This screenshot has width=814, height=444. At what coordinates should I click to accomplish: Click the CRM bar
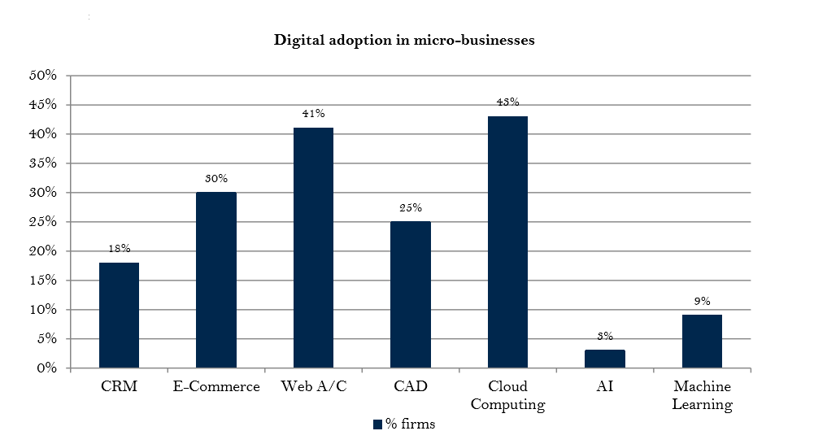click(119, 316)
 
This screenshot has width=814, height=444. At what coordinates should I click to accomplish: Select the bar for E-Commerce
click(216, 281)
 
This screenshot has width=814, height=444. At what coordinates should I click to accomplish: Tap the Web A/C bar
click(313, 248)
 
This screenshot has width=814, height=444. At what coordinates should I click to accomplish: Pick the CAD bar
click(411, 295)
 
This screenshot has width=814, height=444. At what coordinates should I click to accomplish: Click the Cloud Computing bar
click(507, 242)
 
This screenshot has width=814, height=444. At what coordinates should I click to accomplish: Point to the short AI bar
click(605, 359)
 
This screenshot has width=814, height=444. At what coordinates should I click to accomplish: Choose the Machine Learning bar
click(702, 342)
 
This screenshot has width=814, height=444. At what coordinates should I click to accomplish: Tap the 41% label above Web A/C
click(313, 114)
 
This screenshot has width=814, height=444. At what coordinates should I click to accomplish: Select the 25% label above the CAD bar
click(411, 208)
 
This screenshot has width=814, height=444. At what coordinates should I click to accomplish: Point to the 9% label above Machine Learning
click(702, 302)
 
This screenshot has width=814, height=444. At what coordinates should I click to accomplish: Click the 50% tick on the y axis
click(42, 76)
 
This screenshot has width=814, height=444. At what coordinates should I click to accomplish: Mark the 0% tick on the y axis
click(46, 368)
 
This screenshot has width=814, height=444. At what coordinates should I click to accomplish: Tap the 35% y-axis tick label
click(42, 163)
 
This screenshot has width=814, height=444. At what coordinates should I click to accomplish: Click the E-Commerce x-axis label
click(216, 387)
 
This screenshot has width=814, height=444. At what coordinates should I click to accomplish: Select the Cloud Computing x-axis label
click(507, 395)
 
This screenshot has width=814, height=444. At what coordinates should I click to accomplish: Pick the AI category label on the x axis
click(605, 387)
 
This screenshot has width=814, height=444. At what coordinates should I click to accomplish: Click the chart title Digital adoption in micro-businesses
click(404, 40)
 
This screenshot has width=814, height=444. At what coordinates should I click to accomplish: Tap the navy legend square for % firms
click(377, 424)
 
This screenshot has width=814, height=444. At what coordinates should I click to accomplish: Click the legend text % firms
click(411, 424)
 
